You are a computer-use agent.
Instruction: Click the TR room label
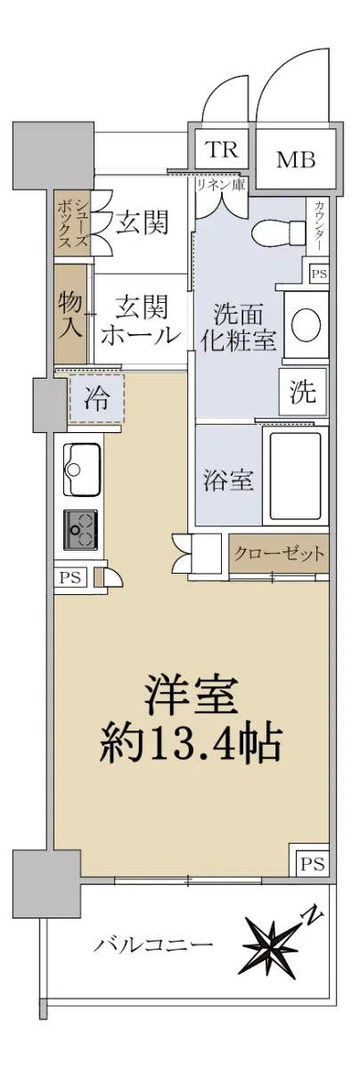click(221, 150)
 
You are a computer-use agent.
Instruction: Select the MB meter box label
click(296, 159)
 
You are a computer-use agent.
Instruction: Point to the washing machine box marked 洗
click(304, 393)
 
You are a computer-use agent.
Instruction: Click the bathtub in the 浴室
click(295, 476)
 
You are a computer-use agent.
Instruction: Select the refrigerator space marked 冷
click(97, 398)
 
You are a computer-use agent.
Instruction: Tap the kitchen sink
click(82, 469)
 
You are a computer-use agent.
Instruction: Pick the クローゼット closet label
click(280, 554)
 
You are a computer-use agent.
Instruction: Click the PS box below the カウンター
click(319, 274)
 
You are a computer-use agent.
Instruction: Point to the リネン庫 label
click(221, 184)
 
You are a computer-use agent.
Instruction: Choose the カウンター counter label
click(319, 225)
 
